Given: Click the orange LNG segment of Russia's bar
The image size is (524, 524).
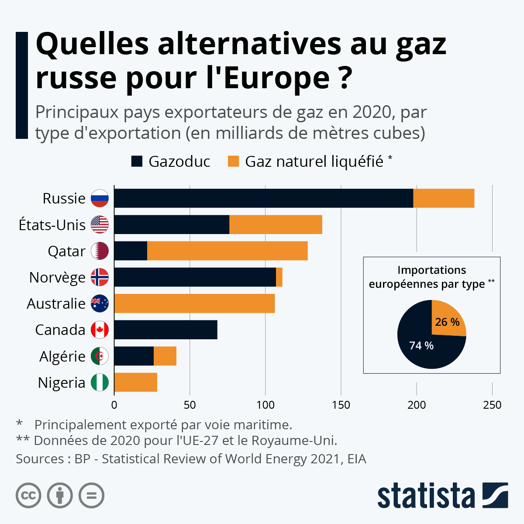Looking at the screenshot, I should pos(444,198).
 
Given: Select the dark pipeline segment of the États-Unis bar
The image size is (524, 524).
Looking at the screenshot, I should pos(172,224).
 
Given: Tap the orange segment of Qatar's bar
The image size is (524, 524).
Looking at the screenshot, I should pos(227,251).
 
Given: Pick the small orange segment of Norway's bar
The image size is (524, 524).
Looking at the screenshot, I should pos(279,277).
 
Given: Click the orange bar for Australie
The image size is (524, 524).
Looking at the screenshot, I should pos(194,303).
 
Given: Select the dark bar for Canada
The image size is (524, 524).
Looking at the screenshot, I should pos(166,330).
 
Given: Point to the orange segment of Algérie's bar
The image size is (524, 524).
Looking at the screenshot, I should pos(165,356).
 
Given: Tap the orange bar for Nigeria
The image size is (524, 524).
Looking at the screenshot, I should pos(136,383).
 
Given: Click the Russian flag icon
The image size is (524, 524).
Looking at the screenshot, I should pos(100,198).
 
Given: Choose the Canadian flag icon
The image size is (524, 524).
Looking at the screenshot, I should pos(100,330).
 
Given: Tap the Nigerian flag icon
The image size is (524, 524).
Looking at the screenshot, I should pos(100,383).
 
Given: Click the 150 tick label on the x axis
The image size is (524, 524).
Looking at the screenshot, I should pos(341,405).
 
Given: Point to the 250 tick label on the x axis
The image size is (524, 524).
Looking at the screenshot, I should pos(492,405).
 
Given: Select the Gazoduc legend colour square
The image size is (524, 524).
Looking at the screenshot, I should pos(137,162).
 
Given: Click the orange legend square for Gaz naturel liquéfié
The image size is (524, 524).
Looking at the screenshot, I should pos(234,162).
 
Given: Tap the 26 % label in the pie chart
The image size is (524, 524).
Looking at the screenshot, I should pos(447,322).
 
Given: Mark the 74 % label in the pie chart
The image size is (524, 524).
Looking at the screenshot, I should pos(421,345).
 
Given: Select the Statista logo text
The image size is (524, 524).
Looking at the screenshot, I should pos(426,496).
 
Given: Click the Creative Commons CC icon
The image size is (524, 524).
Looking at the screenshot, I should pos(28,496).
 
